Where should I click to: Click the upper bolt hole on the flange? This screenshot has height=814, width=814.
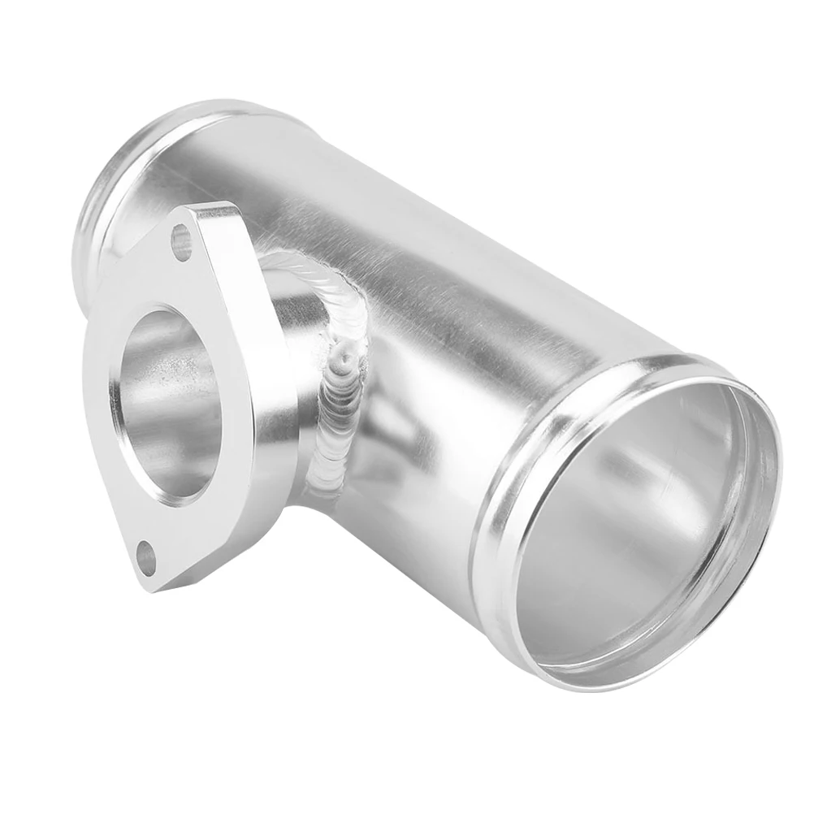coord(181,240)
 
